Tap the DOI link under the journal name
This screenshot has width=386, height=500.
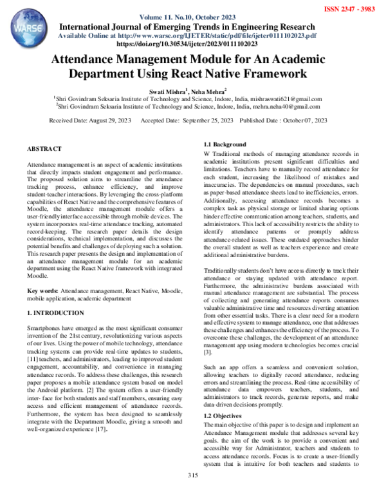[x=193, y=44]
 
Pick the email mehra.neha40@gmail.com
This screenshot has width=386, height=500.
[x=279, y=108]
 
